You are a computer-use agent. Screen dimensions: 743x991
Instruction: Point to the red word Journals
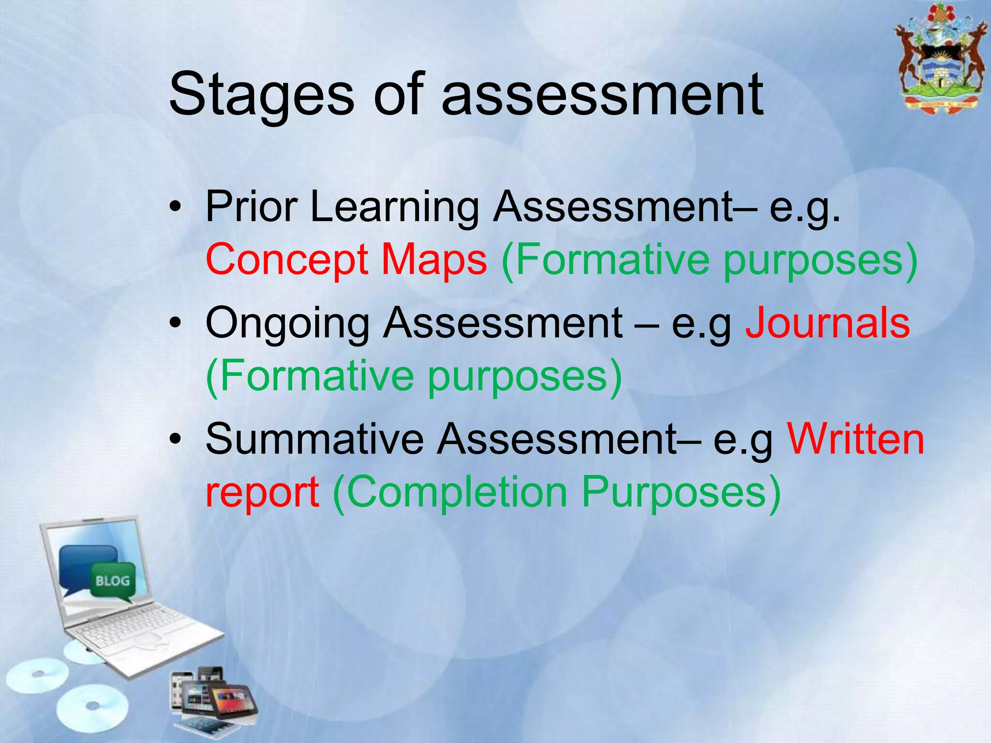(827, 323)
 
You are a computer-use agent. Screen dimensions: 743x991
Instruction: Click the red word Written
(856, 439)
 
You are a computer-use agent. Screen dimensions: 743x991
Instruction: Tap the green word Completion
(457, 492)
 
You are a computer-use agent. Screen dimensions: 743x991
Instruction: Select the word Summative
(315, 439)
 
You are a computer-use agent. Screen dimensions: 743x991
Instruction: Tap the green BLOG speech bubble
(113, 581)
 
